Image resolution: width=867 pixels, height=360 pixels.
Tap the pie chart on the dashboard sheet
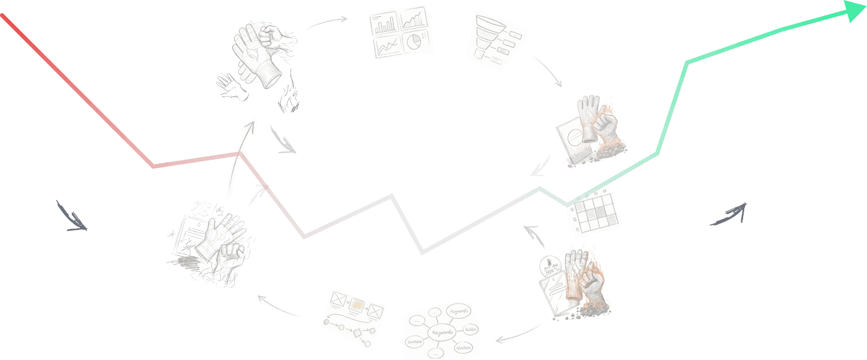click(x=413, y=42)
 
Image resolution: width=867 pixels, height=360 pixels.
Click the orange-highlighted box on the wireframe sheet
click(x=357, y=305)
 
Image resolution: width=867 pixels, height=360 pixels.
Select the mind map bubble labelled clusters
click(x=463, y=347)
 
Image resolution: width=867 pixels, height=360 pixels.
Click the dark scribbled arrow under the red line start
click(x=72, y=217)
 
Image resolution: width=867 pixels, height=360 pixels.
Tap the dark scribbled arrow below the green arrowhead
click(x=729, y=215)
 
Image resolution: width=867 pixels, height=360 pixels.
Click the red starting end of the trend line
click(x=3, y=16)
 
